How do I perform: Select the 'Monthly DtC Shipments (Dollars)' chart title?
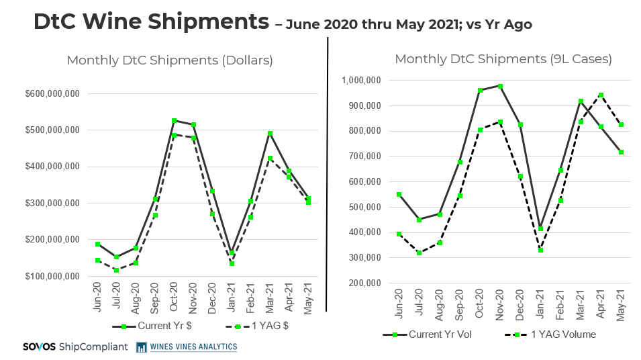point(170,60)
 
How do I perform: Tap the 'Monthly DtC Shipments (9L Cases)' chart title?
point(503,59)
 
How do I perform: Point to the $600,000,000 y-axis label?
point(62,93)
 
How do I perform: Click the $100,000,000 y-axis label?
point(62,276)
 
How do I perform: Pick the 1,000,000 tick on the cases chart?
point(362,81)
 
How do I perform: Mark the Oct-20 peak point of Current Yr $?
point(174,121)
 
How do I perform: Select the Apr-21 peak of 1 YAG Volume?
point(601,95)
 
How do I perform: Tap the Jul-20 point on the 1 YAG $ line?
point(116,270)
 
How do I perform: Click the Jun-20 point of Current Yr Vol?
point(399,195)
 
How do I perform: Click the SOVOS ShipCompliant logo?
point(73,347)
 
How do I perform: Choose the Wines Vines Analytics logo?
point(187,347)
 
